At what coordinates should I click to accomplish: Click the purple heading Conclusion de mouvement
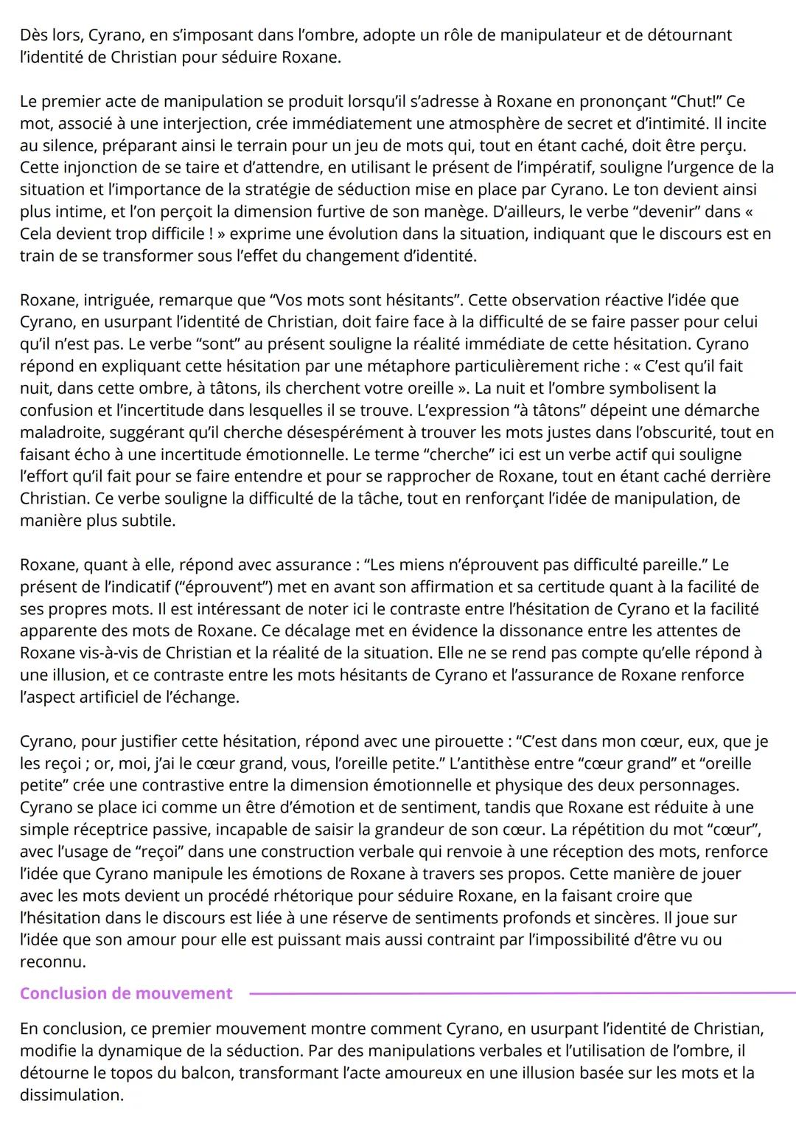[x=126, y=993]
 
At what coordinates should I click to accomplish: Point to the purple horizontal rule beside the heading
[x=516, y=993]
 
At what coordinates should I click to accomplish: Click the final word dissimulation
[x=70, y=1094]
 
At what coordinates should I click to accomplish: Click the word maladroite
[x=65, y=432]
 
